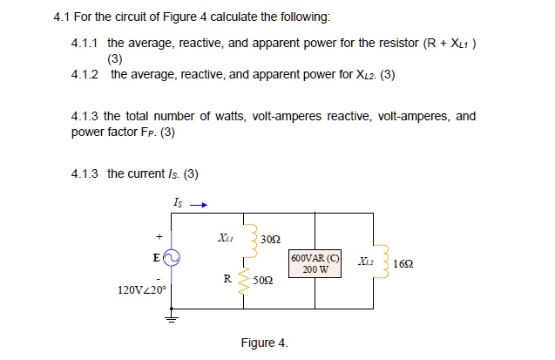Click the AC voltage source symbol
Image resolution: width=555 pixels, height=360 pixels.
click(x=171, y=257)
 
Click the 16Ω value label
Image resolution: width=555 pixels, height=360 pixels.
click(x=404, y=262)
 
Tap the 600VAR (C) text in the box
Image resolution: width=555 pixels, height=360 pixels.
click(x=315, y=258)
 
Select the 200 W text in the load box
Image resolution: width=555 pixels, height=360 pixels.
click(x=315, y=269)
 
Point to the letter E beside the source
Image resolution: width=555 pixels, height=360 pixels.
click(x=156, y=257)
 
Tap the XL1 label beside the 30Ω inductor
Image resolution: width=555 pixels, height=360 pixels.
click(x=225, y=236)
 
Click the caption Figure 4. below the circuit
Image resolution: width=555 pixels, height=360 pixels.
click(x=265, y=343)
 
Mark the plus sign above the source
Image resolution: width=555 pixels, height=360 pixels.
click(x=159, y=235)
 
